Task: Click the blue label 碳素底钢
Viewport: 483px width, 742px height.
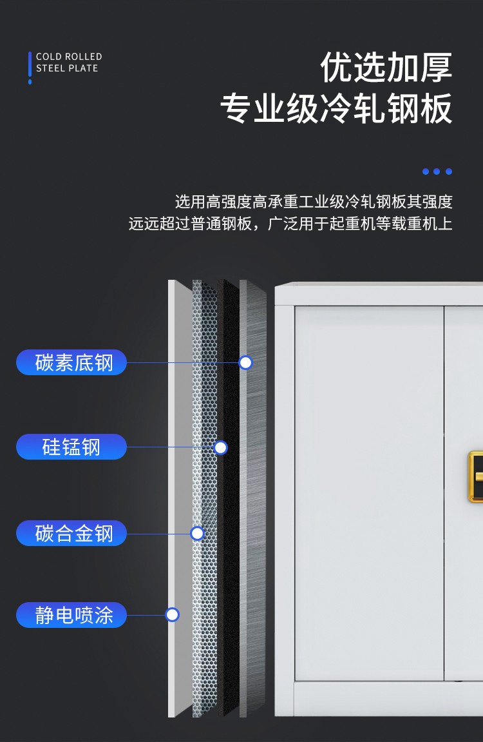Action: (71, 362)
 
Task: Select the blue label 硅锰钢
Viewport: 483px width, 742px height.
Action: (71, 447)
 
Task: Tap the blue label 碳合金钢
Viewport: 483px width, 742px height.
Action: (71, 533)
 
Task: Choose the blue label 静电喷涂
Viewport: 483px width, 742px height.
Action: (71, 615)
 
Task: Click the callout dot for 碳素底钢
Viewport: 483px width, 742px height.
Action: (245, 362)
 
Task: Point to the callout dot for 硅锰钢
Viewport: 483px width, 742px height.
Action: (220, 447)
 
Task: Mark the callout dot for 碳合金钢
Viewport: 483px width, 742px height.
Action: (197, 533)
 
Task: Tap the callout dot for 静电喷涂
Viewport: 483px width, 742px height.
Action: (172, 615)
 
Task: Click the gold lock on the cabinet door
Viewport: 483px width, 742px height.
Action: (476, 476)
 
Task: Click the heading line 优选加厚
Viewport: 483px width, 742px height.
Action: (386, 68)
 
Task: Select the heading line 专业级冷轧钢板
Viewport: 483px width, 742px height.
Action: (336, 109)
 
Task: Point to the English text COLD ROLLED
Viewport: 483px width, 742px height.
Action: (69, 57)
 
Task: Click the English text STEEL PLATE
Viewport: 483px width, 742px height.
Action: (67, 68)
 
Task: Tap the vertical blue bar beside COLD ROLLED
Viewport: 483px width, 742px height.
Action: (30, 64)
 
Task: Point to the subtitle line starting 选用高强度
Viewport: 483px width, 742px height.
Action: (314, 202)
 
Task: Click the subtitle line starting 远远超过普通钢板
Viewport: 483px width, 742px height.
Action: (290, 224)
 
